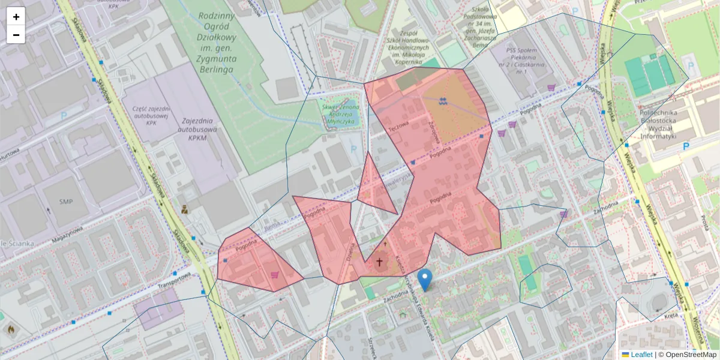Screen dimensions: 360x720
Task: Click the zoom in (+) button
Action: point(16,16)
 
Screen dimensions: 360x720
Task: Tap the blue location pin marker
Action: point(425,280)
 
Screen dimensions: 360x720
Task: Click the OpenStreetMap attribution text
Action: point(691,355)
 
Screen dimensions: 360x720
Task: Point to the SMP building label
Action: point(66,202)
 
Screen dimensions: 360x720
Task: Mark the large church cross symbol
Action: point(379,262)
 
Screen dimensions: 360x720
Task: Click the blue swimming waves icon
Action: point(443,100)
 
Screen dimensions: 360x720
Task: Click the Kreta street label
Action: point(671,314)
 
